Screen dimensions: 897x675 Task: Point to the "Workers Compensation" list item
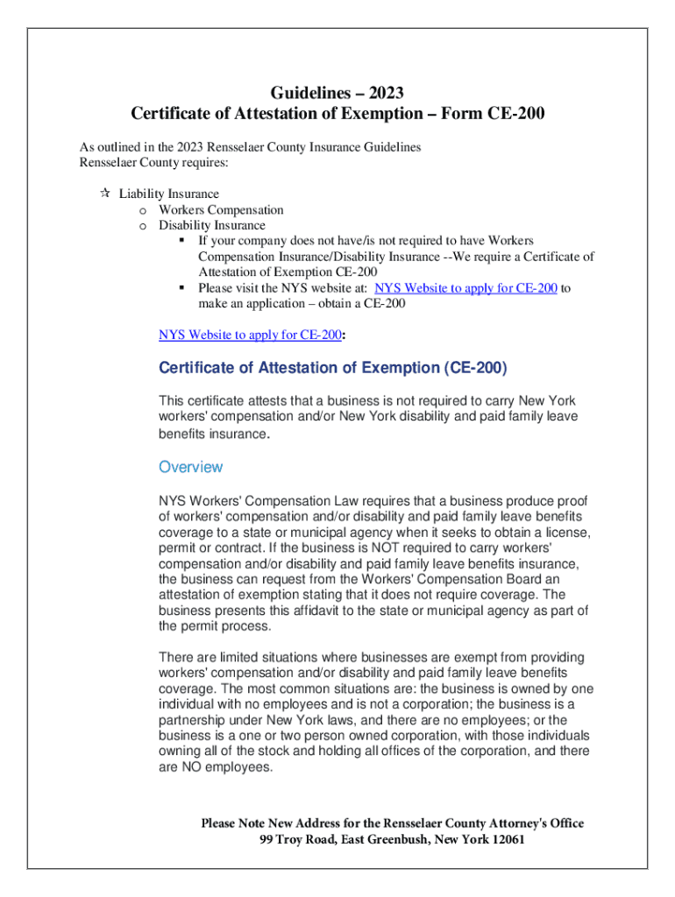[221, 210]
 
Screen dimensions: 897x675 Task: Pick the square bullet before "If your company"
[181, 241]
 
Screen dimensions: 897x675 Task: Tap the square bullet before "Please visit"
[181, 288]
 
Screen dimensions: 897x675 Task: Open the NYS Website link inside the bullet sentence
[465, 288]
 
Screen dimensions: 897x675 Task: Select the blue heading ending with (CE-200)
[332, 368]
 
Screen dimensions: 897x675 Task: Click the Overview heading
[190, 467]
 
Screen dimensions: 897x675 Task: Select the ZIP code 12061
[506, 840]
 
